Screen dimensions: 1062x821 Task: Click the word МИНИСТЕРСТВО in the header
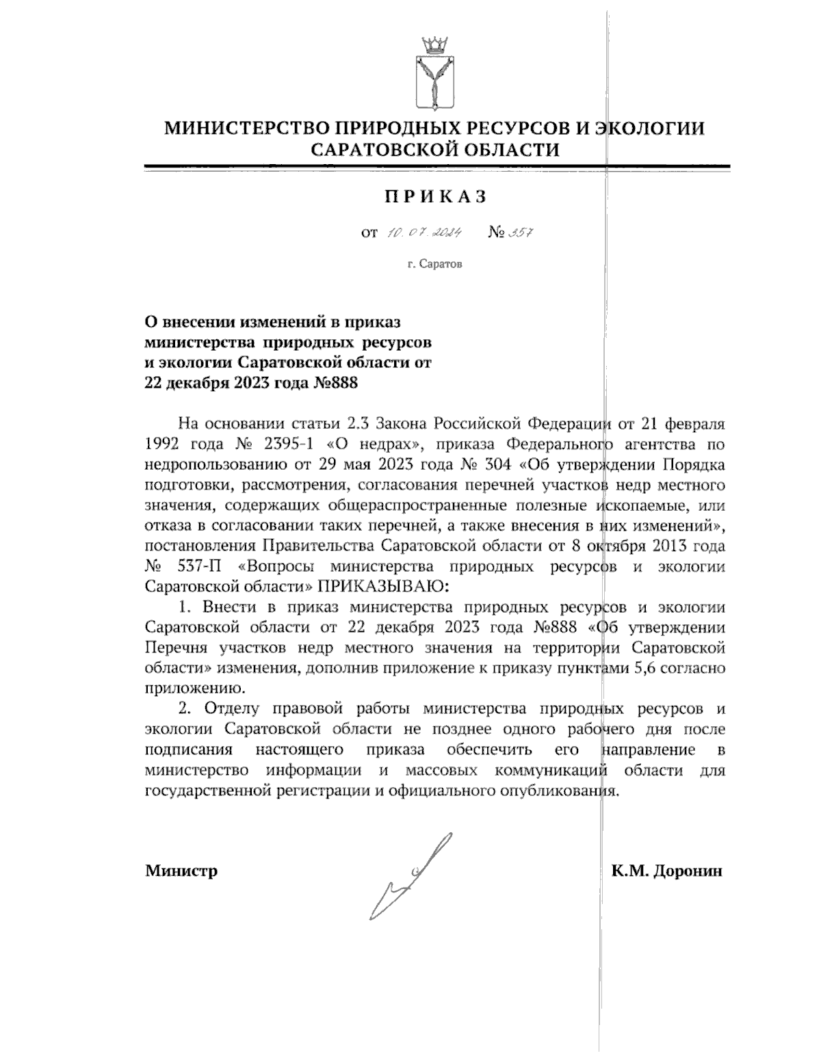tap(239, 129)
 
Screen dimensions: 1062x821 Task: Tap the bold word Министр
tap(181, 871)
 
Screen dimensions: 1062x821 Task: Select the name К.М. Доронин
tap(667, 871)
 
